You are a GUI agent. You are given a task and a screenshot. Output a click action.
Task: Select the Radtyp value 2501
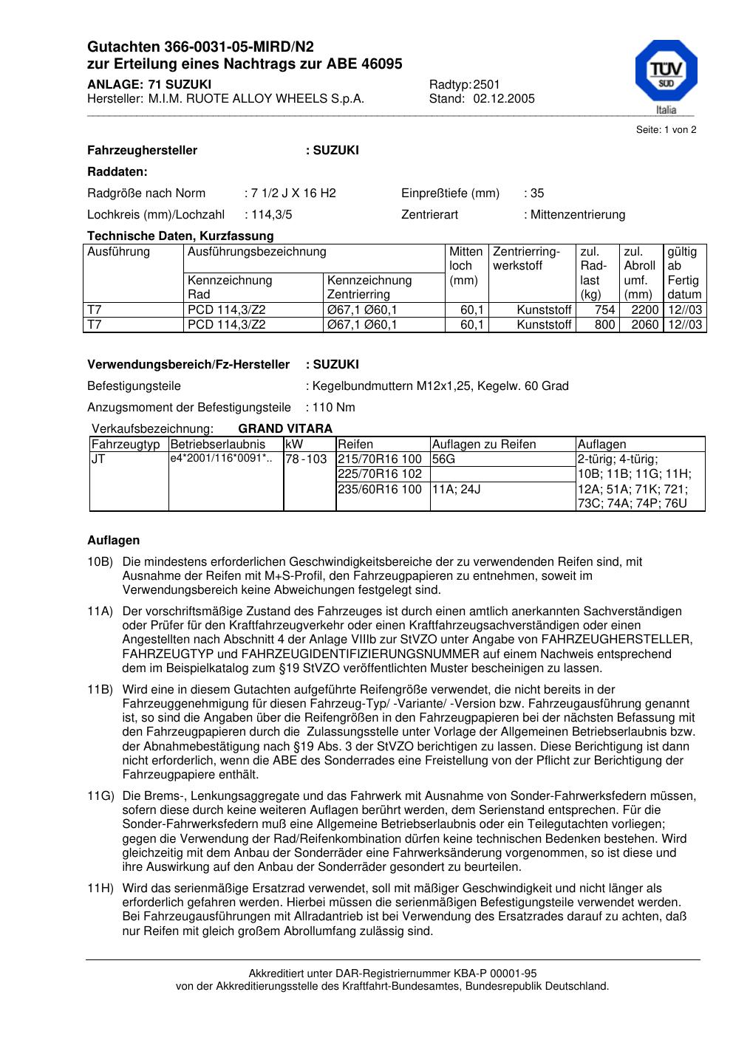(487, 84)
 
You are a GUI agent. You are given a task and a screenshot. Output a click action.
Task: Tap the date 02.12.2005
(504, 99)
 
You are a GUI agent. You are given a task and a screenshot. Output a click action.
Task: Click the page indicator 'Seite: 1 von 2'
(666, 130)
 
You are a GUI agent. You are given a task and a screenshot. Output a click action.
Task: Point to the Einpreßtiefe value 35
(537, 194)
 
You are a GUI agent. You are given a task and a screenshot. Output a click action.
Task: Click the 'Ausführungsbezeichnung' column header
(257, 252)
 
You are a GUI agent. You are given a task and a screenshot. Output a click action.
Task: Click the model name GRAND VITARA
(285, 429)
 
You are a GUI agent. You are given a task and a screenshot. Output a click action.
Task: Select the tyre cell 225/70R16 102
(380, 474)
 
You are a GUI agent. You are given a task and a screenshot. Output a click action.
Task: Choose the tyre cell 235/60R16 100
(380, 489)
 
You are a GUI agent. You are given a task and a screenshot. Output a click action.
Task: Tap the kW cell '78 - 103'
(306, 459)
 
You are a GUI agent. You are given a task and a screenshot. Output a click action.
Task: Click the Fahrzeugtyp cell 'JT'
(98, 459)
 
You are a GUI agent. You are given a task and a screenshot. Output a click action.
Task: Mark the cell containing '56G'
(444, 459)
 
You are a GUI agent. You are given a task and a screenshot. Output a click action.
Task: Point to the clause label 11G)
(100, 796)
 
